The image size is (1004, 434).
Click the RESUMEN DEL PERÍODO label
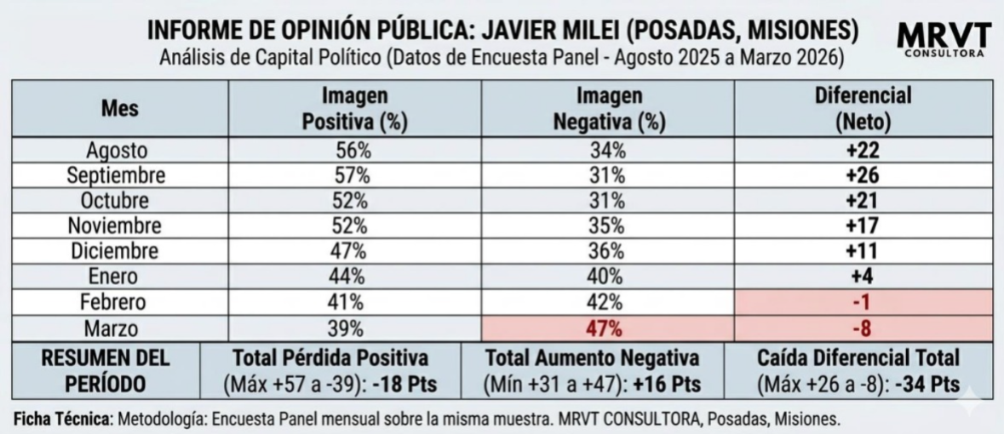point(106,370)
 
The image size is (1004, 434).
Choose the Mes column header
point(118,109)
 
